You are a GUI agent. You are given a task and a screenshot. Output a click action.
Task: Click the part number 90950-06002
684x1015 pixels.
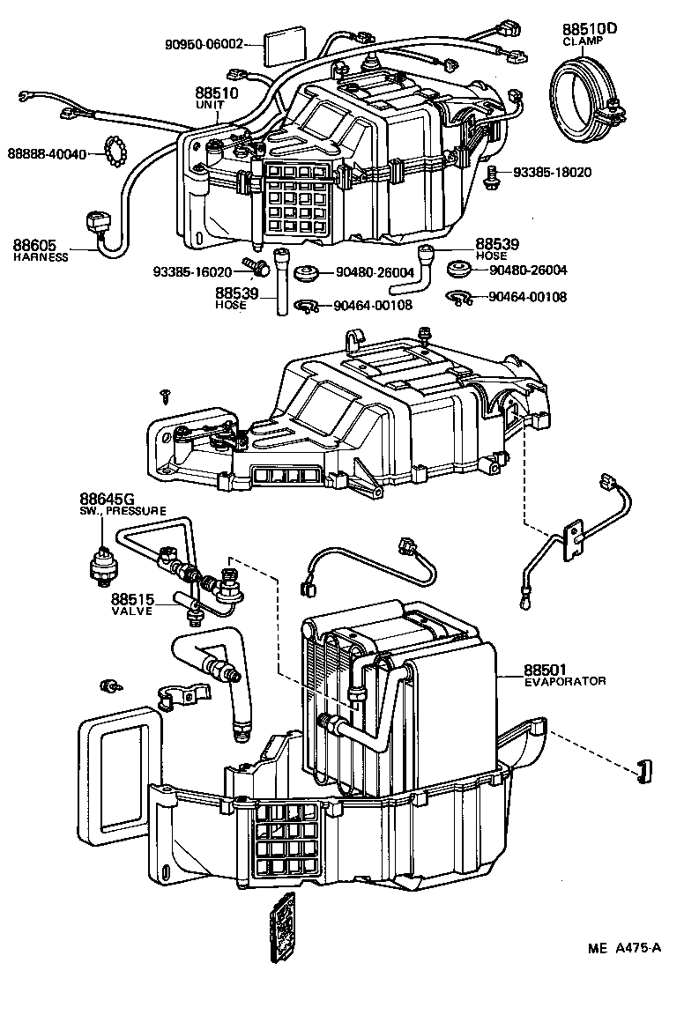coord(204,43)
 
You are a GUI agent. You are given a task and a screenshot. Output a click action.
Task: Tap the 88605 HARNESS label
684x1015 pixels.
coord(40,249)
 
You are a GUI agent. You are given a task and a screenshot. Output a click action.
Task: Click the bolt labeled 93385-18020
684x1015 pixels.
coord(494,173)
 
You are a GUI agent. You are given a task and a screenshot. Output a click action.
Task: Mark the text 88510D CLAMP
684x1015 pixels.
coord(590,33)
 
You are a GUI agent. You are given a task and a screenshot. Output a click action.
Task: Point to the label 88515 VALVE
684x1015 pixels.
coord(132,603)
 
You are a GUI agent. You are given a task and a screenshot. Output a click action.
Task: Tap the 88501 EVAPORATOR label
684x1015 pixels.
coord(564,674)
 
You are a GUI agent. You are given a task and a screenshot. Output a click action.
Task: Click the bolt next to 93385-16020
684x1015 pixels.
coord(254,263)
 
